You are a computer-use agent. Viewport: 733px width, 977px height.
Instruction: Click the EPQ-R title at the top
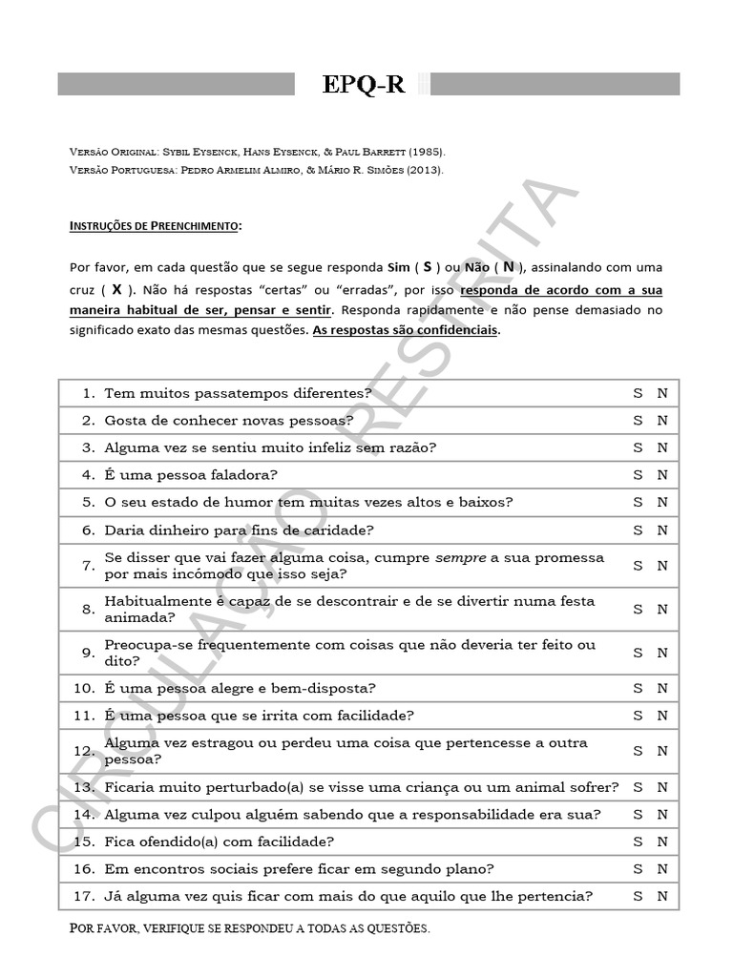364,84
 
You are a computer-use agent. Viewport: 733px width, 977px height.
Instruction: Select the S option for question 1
638,392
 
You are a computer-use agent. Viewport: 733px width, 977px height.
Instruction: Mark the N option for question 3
662,447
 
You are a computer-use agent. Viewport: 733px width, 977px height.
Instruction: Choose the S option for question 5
638,502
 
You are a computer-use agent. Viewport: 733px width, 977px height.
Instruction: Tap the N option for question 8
662,609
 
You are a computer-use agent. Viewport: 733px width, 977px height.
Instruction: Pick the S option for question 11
638,716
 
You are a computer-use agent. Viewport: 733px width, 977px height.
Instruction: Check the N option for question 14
662,814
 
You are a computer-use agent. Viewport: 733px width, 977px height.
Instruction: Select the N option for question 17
662,896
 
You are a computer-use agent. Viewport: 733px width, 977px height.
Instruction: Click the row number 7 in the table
88,565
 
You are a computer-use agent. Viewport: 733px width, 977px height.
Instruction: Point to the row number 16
85,868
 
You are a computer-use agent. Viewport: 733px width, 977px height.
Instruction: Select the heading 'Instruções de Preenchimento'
156,226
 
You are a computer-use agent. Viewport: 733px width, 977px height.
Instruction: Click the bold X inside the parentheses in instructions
116,288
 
